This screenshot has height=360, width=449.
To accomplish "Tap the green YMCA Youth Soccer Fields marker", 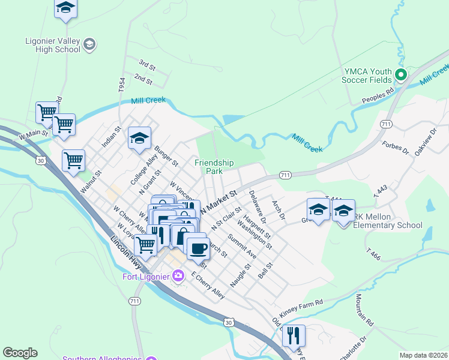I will click(401, 76).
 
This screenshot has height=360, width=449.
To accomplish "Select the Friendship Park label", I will click(214, 166).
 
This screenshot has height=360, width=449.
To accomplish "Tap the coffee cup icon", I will click(198, 247).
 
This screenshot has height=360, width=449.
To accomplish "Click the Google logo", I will click(20, 353).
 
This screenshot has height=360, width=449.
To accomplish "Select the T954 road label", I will click(122, 85).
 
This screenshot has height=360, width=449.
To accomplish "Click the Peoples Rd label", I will click(378, 95).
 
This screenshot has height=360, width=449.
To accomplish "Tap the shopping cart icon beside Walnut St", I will click(73, 160).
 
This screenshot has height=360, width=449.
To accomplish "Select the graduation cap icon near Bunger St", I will click(139, 138).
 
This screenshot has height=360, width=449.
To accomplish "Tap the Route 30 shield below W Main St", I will click(41, 160).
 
